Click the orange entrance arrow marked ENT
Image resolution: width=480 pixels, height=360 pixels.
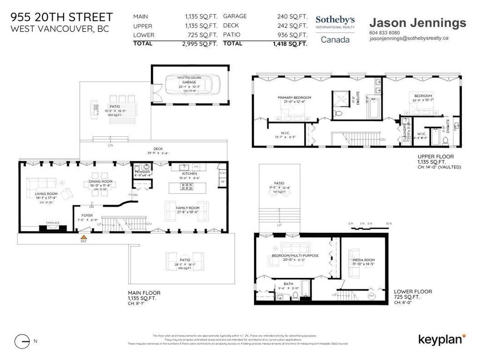point(84,237)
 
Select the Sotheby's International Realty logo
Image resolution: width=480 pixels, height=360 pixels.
point(335,29)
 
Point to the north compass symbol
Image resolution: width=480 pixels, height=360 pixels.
point(22,341)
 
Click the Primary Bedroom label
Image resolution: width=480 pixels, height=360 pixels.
point(294,97)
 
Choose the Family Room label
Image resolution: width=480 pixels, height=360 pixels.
point(187,207)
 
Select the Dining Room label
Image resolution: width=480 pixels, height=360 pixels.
point(101,181)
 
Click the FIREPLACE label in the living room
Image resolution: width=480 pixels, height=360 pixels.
point(52,223)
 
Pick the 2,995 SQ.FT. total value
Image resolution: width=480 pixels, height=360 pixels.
point(198,44)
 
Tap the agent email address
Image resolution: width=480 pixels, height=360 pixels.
point(409,39)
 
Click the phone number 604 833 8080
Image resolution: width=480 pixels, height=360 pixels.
point(384,33)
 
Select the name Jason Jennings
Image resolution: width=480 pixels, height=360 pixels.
point(418,22)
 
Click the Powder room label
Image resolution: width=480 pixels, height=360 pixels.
point(142,172)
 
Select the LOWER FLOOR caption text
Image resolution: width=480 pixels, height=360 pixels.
point(413,291)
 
